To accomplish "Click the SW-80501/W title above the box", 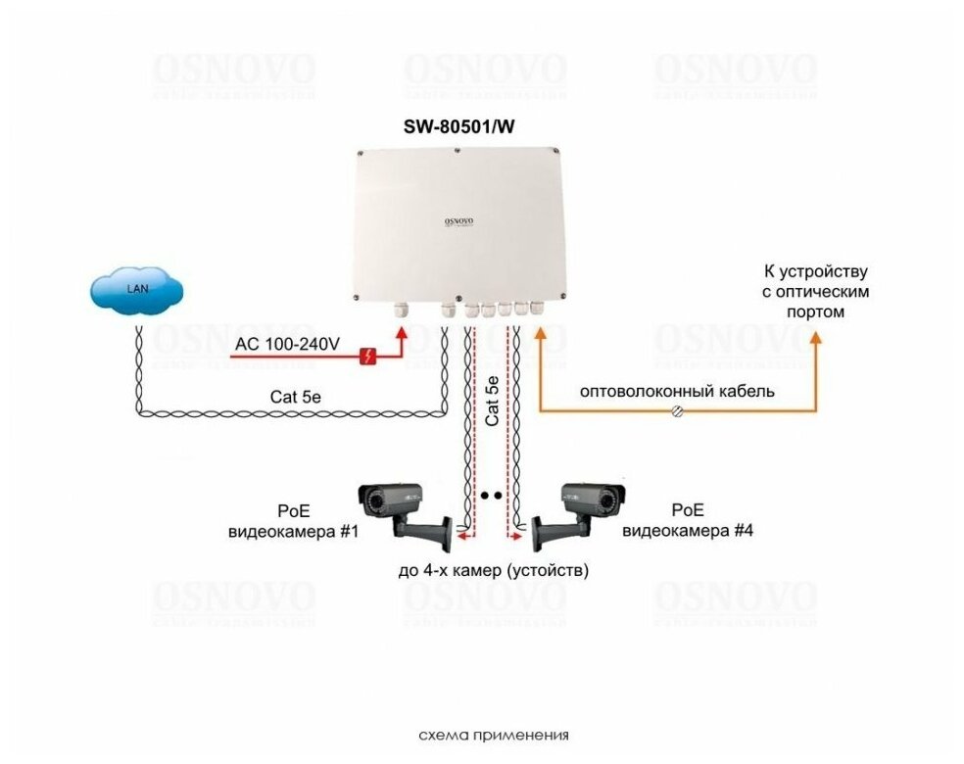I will pos(459,127).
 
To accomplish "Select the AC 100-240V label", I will pos(287,344).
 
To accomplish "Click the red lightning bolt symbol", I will pos(368,357).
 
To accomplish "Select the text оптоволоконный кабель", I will pos(677,392).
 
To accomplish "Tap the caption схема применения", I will pos(493,735).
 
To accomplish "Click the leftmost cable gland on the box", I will pos(400,310).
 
